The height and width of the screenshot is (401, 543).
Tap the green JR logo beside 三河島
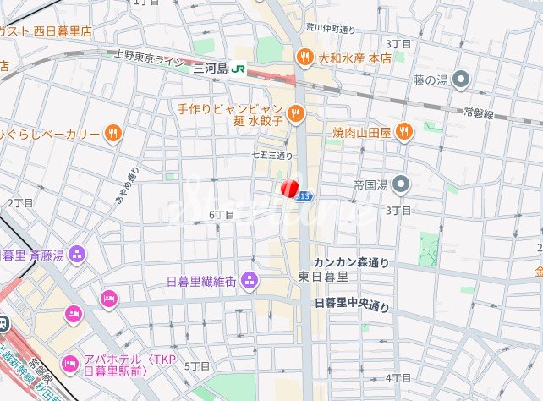click(241, 69)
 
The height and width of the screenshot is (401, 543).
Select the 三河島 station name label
click(211, 69)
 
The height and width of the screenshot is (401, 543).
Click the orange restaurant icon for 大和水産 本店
click(304, 58)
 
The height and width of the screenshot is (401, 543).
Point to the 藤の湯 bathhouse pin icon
click(460, 80)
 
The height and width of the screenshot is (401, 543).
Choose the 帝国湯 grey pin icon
click(402, 184)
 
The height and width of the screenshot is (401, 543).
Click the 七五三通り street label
click(272, 156)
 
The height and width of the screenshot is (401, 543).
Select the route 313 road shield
click(305, 195)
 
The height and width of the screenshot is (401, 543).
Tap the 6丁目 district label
click(221, 215)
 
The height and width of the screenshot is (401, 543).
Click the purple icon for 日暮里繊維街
click(250, 280)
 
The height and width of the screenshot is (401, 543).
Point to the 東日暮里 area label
click(323, 277)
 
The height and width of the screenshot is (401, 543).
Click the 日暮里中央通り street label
click(352, 305)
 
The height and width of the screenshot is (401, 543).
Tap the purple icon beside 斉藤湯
click(77, 253)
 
